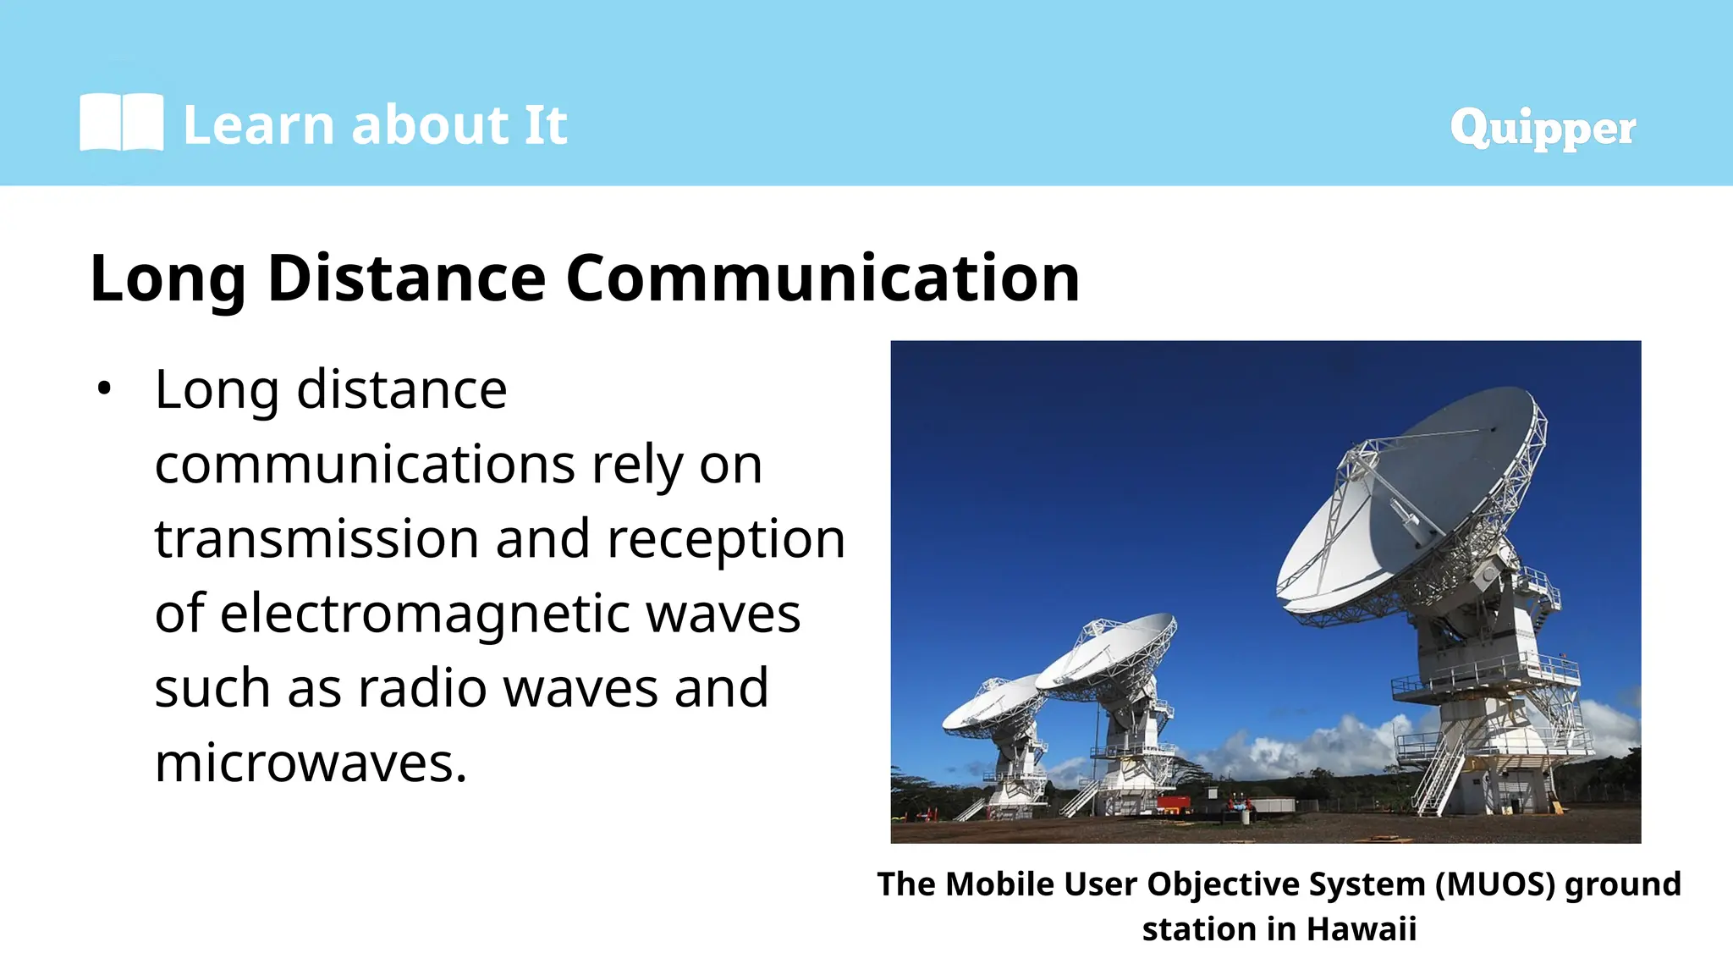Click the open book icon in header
click(x=121, y=124)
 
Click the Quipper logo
click(x=1542, y=128)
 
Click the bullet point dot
click(x=104, y=389)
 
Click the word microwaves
click(x=310, y=763)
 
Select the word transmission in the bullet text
click(x=316, y=539)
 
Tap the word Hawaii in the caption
click(x=1361, y=929)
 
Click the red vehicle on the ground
click(x=1173, y=802)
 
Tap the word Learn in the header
click(x=258, y=125)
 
